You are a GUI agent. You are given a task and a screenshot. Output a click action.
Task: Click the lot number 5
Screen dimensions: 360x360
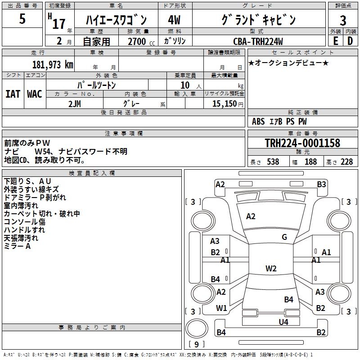click(x=22, y=18)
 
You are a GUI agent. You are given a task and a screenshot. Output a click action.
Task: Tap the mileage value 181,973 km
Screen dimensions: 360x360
click(x=53, y=65)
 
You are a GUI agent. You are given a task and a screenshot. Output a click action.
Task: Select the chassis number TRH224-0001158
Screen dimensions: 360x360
click(x=302, y=143)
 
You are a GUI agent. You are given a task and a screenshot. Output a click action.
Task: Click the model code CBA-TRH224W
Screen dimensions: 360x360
click(x=258, y=41)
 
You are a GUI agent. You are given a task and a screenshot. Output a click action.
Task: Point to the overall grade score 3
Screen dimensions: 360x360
click(x=343, y=21)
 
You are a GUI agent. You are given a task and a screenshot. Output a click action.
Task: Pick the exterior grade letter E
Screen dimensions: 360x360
click(x=335, y=41)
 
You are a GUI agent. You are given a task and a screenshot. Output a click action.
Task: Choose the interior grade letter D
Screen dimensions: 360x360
click(x=350, y=41)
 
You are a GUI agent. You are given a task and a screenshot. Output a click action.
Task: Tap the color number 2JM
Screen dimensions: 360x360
click(x=75, y=104)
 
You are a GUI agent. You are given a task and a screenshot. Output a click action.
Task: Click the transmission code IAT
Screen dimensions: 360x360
click(x=13, y=94)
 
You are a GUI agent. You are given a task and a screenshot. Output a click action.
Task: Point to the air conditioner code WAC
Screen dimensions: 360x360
click(x=35, y=94)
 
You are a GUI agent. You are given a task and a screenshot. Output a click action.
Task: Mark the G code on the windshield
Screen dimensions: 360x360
click(x=284, y=237)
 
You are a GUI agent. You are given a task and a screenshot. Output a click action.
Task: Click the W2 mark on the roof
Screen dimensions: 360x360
click(x=271, y=268)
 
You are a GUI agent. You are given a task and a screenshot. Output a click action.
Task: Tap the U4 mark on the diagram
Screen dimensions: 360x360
click(x=283, y=322)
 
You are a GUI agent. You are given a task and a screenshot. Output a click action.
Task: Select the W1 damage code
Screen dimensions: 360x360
click(x=221, y=308)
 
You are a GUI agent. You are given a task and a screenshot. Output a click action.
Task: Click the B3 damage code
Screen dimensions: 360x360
click(x=321, y=184)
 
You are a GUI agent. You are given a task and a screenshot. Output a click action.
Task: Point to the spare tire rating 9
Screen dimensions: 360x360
click(x=197, y=344)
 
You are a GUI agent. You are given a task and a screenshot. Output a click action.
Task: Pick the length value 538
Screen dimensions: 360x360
click(x=273, y=162)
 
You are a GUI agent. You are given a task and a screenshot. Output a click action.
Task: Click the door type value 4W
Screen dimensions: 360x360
click(x=174, y=20)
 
